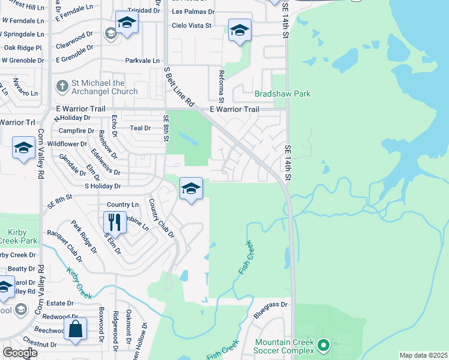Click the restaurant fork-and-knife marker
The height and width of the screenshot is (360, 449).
(113, 223)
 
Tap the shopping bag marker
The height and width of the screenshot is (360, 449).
(76, 329)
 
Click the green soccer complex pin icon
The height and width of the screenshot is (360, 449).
(324, 345)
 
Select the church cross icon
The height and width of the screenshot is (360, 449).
(61, 86)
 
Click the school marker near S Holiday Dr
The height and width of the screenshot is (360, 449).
(191, 189)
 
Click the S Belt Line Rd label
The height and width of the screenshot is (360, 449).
(180, 87)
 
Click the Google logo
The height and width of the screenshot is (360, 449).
(20, 353)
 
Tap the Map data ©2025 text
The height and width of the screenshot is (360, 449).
(423, 355)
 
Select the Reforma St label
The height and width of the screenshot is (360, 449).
(220, 83)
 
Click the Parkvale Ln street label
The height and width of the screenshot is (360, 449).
(142, 61)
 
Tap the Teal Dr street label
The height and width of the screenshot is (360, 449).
(140, 128)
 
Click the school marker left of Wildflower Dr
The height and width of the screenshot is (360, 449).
(23, 148)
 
